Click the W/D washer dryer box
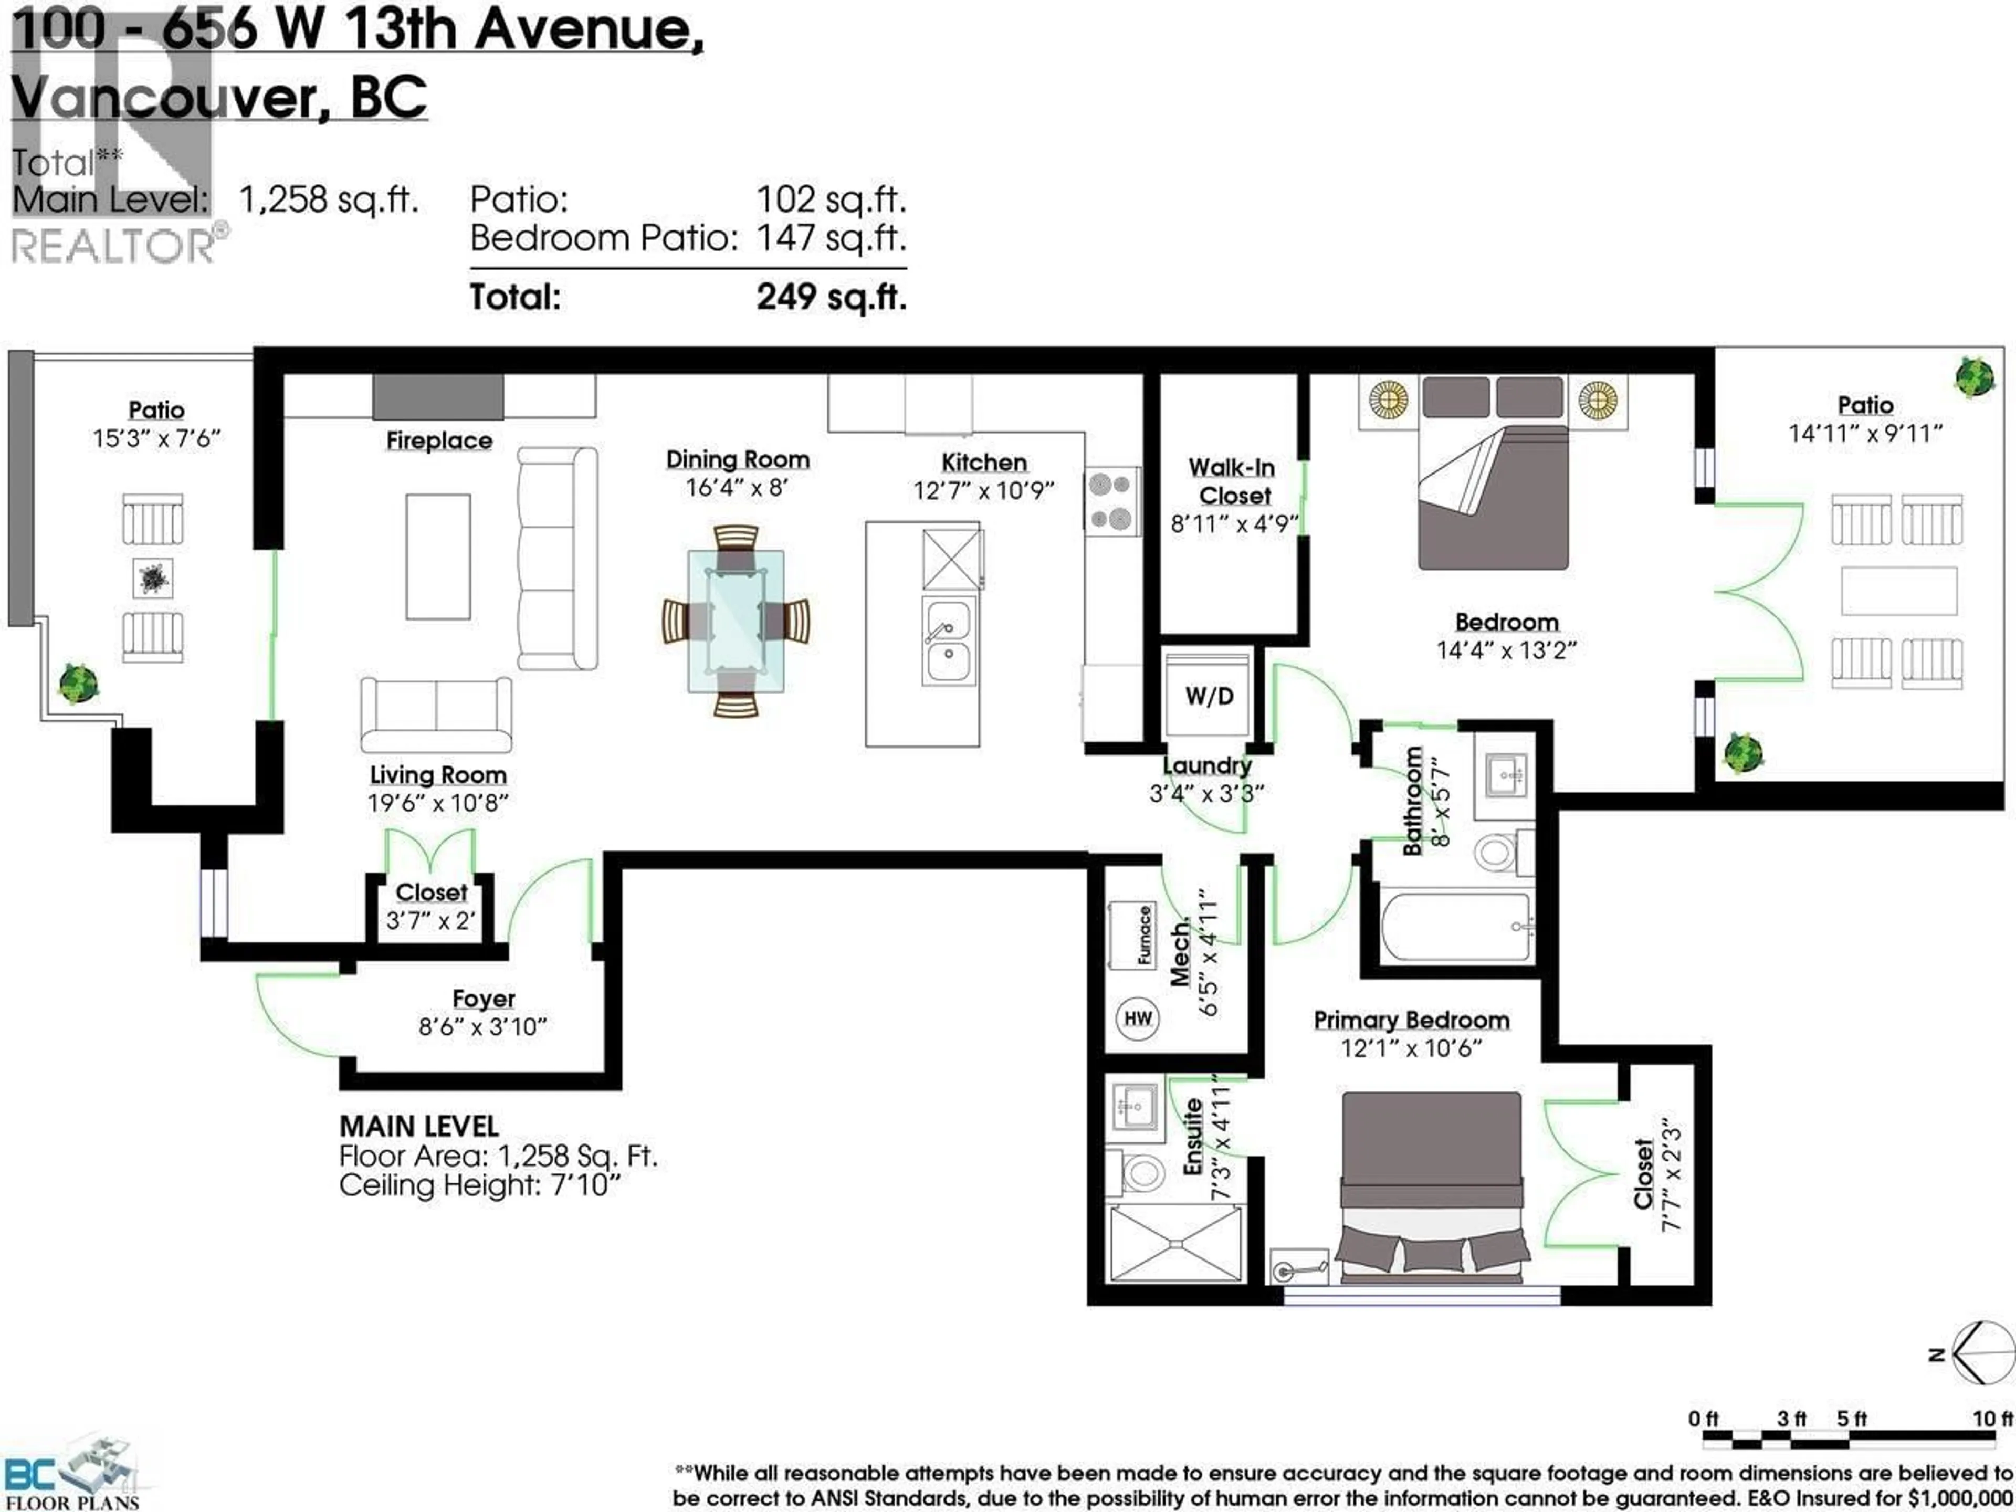1209,696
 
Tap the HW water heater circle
1138,1018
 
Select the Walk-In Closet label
1232,481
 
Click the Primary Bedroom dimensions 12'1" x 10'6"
1411,1048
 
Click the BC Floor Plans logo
73,1476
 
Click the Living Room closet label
431,892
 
